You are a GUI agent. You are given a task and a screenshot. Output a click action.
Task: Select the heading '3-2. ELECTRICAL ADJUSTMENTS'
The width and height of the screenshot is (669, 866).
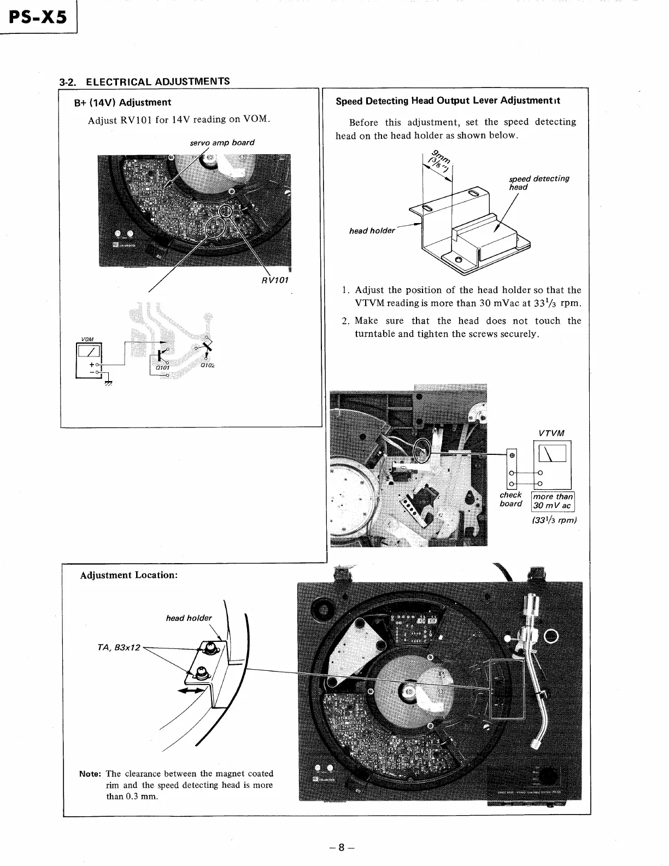[145, 82]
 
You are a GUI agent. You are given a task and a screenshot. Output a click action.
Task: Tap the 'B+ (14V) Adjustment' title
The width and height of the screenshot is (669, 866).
[122, 102]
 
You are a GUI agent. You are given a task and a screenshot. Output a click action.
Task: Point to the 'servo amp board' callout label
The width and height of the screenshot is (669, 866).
[222, 143]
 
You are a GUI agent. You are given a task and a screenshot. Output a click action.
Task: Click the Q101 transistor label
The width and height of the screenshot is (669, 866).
[161, 367]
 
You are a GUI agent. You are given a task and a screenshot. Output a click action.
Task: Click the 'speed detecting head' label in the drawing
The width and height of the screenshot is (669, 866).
[538, 183]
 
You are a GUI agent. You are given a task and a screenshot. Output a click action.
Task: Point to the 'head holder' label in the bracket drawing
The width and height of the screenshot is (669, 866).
[372, 231]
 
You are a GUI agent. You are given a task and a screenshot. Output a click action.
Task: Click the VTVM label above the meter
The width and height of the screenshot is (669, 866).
[551, 434]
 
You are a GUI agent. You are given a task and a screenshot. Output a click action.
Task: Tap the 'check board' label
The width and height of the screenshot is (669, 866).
[510, 499]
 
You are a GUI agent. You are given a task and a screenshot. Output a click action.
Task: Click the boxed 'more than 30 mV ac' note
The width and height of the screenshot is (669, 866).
[553, 501]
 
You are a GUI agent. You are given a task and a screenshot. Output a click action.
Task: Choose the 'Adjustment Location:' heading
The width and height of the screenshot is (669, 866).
[129, 575]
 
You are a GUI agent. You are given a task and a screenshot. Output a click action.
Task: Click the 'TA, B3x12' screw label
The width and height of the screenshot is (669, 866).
[119, 648]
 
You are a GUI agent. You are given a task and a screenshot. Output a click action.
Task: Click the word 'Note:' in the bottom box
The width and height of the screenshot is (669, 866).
[91, 774]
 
